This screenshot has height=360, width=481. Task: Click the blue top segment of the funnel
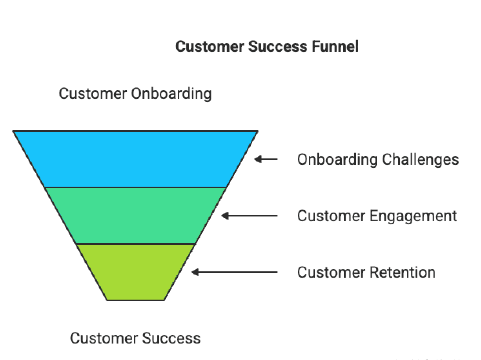135,159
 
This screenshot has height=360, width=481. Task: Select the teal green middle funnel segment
135,215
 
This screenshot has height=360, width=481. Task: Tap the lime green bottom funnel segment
135,272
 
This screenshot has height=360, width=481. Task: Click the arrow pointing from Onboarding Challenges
266,159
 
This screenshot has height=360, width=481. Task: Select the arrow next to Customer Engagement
250,216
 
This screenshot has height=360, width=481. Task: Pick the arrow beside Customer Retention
234,272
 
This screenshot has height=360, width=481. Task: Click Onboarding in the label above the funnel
171,94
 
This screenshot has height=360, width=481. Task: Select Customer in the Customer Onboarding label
93,94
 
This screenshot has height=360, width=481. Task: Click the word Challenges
420,160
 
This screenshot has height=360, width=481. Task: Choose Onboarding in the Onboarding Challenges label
337,160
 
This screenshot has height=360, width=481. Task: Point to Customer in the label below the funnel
104,338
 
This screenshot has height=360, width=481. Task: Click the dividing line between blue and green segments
135,187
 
